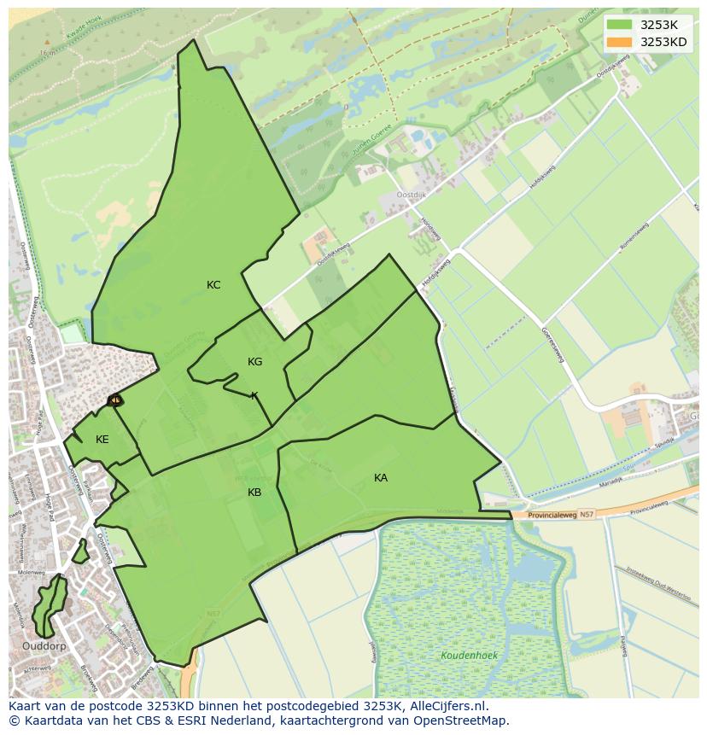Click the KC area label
(x=213, y=285)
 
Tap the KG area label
(x=254, y=362)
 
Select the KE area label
(x=102, y=440)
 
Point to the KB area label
(x=254, y=493)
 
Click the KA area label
(x=381, y=478)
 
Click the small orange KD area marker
(x=114, y=400)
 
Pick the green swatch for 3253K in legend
(x=620, y=25)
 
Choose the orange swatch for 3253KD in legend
(x=620, y=42)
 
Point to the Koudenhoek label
(x=465, y=656)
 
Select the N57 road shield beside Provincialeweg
(x=586, y=515)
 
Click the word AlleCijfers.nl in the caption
(x=447, y=706)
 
